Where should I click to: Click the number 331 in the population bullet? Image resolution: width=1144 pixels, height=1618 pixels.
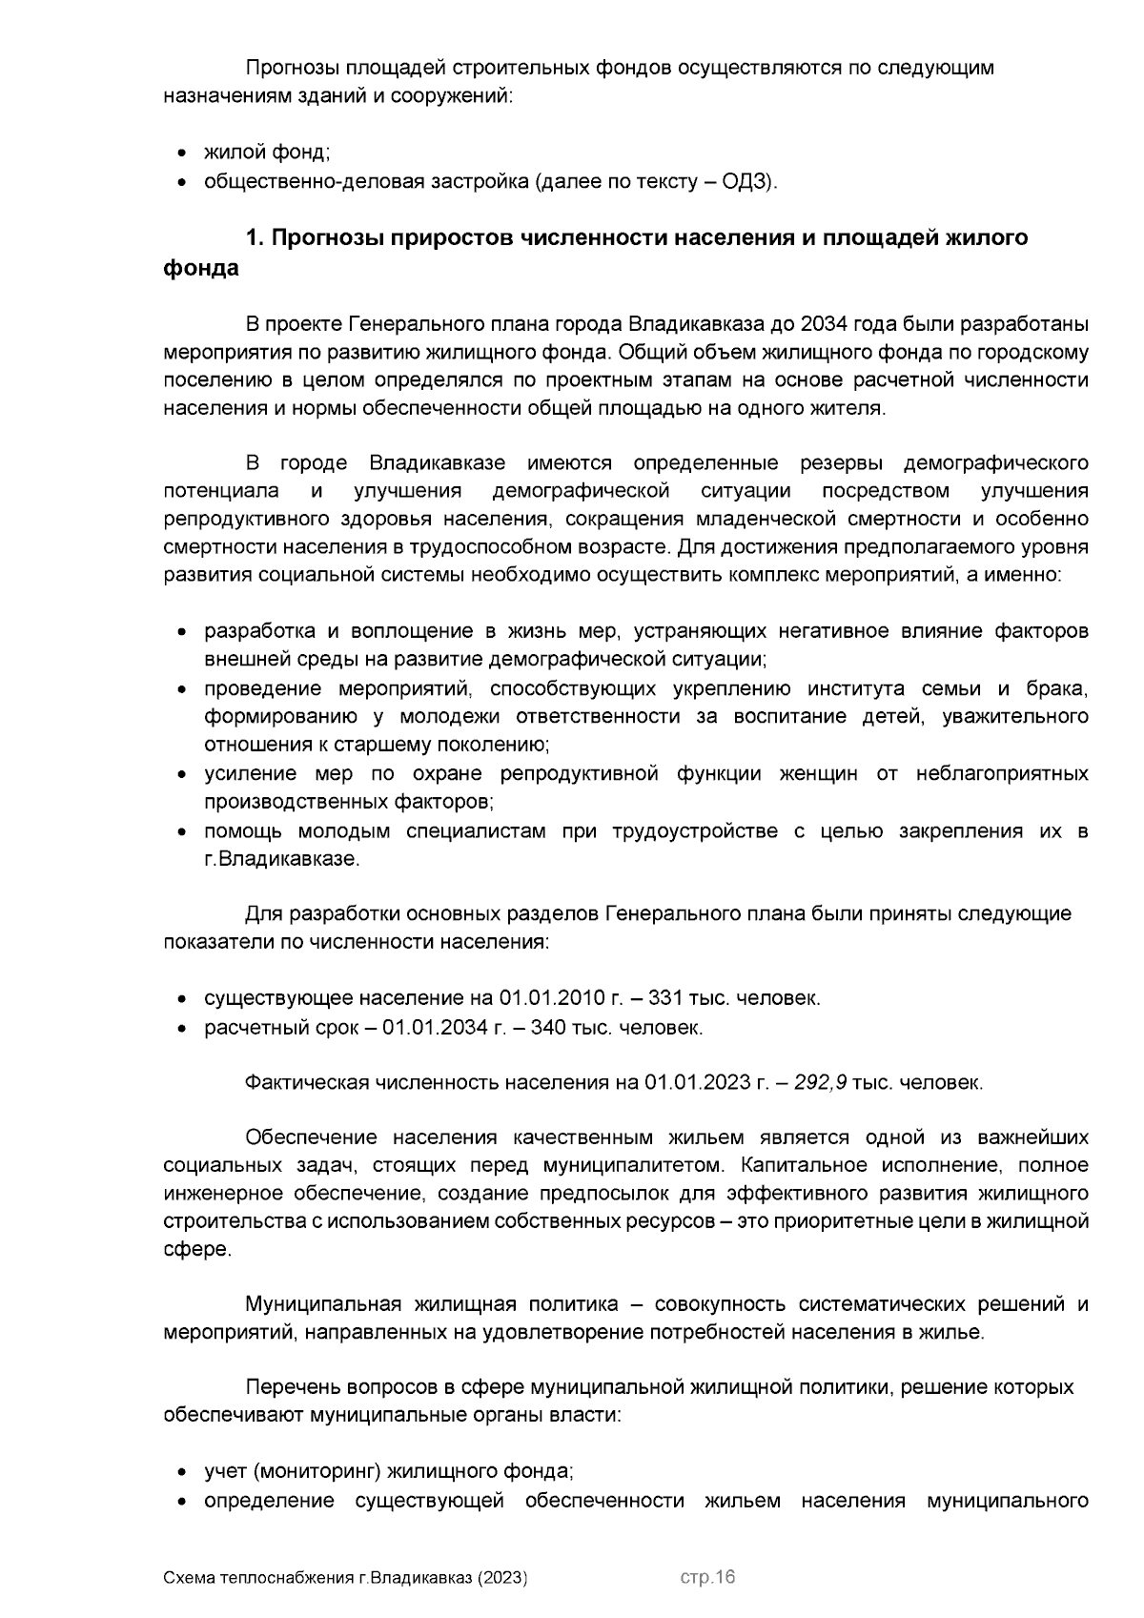click(x=664, y=998)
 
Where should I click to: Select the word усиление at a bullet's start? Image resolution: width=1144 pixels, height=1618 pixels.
click(x=244, y=773)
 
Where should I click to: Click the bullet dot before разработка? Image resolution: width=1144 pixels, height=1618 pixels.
click(x=181, y=633)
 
